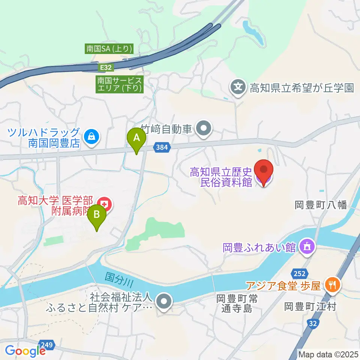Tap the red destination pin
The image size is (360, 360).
(264, 171)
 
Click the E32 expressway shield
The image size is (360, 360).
(105, 67)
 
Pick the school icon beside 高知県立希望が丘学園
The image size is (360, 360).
(238, 88)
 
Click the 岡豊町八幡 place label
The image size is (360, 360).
(322, 205)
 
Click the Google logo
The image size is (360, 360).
(25, 351)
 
